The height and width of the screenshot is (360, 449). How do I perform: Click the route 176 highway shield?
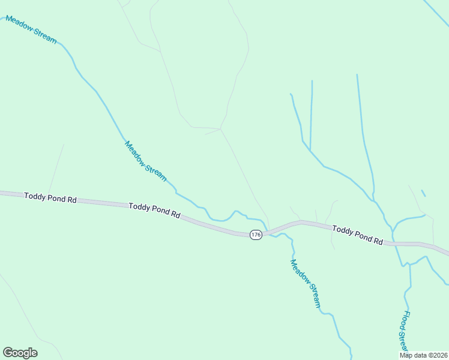256,235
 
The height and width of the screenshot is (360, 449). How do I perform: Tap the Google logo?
20,353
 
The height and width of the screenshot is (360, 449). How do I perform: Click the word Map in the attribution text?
407,355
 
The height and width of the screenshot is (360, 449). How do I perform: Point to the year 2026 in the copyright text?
439,355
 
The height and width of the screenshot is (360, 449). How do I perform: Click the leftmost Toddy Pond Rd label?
50,197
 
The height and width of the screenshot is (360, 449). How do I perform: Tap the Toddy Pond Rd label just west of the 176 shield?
154,209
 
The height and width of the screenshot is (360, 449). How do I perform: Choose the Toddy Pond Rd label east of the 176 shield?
357,234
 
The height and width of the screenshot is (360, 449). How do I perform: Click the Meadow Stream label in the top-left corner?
31,30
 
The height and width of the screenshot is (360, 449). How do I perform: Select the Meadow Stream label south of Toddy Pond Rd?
306,283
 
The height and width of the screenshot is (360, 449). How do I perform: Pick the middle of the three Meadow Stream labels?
145,160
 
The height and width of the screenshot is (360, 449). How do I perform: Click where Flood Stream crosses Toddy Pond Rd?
397,244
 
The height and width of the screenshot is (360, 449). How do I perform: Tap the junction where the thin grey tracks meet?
221,128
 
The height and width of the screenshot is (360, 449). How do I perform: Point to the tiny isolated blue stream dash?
423,193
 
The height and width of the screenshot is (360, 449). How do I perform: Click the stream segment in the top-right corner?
435,13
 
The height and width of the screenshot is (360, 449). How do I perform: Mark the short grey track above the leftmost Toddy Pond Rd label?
56,168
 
